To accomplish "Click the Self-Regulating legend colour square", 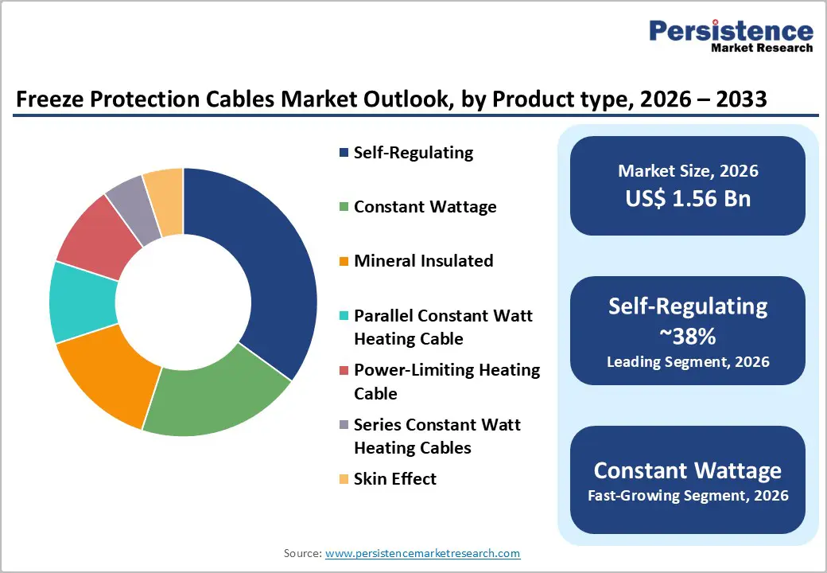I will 343,153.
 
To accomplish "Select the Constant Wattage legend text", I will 425,207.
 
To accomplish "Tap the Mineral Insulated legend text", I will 423,261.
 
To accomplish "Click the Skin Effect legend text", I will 394,478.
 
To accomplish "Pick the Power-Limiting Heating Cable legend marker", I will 343,371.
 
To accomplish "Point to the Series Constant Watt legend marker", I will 343,425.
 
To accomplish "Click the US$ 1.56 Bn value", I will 688,199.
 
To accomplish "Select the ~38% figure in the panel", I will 688,337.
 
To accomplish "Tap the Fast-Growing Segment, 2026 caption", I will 688,496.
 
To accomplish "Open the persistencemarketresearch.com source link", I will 423,553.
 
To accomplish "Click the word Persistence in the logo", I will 731,31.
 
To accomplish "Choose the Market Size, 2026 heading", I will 688,171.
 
